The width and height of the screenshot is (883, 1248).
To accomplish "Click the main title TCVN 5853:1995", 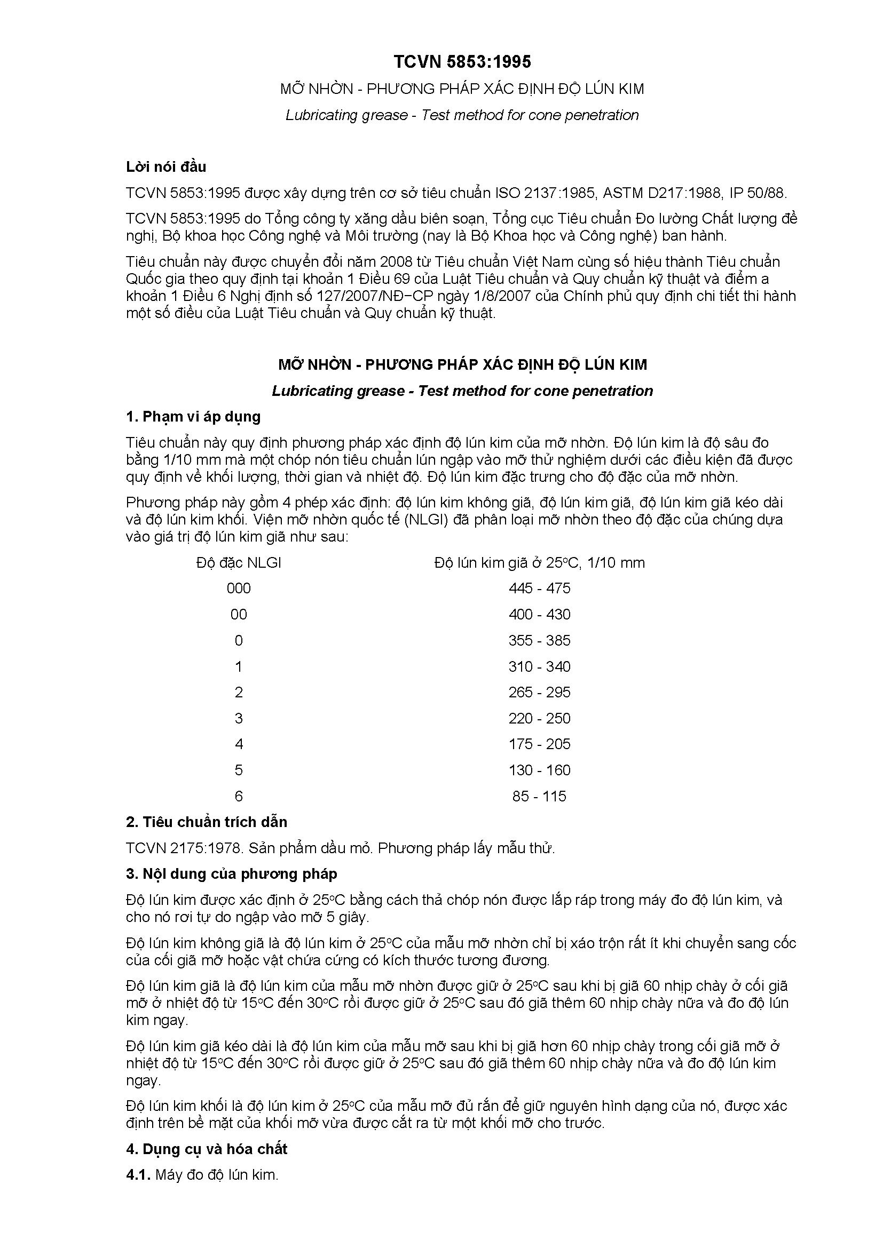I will tap(462, 62).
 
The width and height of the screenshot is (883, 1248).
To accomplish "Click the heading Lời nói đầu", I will tap(166, 166).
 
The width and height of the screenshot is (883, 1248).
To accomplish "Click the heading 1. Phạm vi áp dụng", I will tap(193, 416).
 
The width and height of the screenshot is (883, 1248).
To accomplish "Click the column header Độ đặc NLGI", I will tap(239, 562).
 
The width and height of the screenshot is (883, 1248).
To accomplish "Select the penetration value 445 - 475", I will tap(539, 588).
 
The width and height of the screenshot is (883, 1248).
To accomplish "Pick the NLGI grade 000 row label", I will tap(239, 588).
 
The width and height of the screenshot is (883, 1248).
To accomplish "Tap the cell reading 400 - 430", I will tap(539, 614).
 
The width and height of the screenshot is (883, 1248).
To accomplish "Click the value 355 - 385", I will tap(539, 640).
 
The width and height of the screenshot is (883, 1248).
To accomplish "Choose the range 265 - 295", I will tap(539, 692).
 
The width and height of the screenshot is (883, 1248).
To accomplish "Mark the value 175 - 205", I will tap(539, 744).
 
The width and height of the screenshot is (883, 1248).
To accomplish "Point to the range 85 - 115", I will tap(539, 796).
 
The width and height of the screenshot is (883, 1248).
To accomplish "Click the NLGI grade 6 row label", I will tap(239, 796).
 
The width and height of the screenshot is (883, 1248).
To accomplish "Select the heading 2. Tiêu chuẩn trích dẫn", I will tap(206, 822).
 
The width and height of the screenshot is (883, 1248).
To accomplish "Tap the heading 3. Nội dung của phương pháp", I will tap(231, 873).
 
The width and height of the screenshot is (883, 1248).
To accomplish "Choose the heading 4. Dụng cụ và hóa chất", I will tap(207, 1149).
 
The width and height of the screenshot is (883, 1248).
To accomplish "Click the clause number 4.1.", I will tap(138, 1174).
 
